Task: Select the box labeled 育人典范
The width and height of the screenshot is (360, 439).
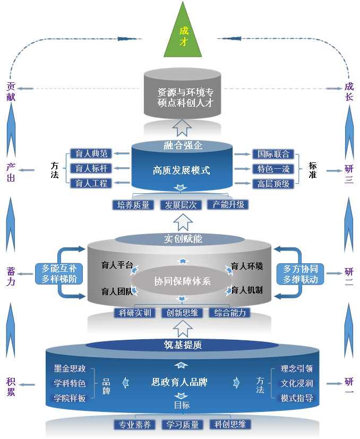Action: (91, 154)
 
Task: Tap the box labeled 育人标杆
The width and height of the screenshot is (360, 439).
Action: (91, 169)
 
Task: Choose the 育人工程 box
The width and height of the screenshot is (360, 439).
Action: (91, 184)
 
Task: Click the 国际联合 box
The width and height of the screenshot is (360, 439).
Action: (273, 154)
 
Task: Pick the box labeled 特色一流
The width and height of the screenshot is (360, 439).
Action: (273, 169)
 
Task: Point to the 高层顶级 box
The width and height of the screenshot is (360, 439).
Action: (273, 184)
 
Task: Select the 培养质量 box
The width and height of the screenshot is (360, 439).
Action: (133, 204)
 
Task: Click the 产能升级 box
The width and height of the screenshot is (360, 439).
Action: (228, 204)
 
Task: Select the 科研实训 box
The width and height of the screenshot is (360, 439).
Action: (135, 313)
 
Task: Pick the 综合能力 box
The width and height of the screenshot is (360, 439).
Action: (229, 313)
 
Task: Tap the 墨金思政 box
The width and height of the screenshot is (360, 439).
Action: (70, 368)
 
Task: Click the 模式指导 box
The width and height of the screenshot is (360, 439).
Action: (297, 398)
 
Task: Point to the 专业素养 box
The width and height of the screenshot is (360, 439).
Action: (135, 425)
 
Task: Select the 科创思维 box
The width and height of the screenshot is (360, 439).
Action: (230, 425)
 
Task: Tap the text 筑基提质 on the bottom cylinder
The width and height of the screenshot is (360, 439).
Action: (183, 345)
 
